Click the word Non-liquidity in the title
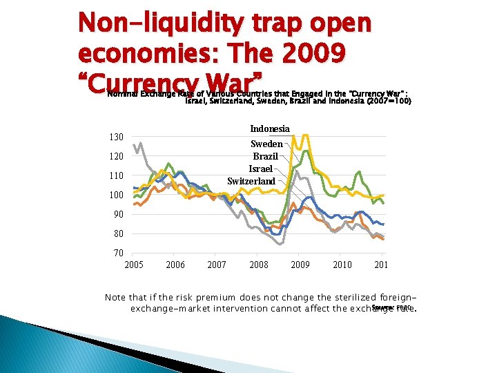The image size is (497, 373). [x=161, y=23]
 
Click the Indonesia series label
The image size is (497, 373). [x=270, y=128]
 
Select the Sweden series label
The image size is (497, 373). [x=266, y=144]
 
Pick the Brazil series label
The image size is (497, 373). [x=265, y=156]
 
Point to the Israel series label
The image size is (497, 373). [x=261, y=169]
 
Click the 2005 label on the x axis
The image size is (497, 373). [x=134, y=265]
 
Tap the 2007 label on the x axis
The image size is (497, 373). [x=217, y=265]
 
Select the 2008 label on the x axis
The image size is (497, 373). [x=259, y=265]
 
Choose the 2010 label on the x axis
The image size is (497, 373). [x=342, y=265]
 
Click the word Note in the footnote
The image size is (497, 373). [x=115, y=297]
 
